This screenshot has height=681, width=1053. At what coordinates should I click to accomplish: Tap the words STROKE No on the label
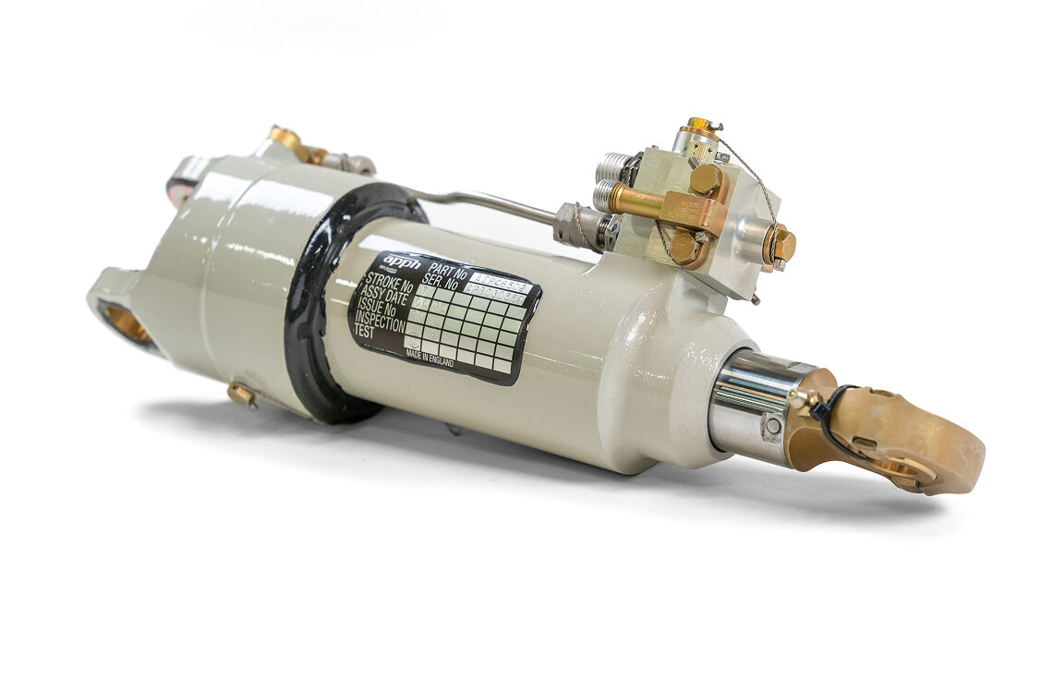tap(388, 282)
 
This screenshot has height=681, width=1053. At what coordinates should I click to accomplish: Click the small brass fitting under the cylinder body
tap(242, 395)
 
